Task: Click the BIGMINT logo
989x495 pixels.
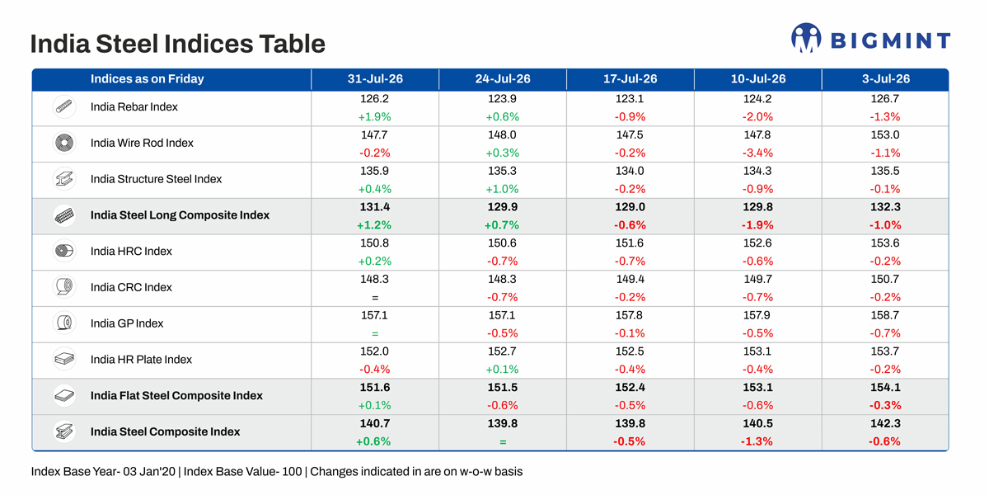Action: pyautogui.click(x=870, y=38)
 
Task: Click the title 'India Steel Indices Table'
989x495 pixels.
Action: pyautogui.click(x=177, y=44)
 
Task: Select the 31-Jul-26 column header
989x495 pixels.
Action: pyautogui.click(x=375, y=78)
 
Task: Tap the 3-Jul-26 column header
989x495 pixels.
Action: pyautogui.click(x=886, y=78)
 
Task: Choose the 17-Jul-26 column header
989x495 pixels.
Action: pyautogui.click(x=630, y=78)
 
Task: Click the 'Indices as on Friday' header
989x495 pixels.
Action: pyautogui.click(x=147, y=78)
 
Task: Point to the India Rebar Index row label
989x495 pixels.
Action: pyautogui.click(x=134, y=107)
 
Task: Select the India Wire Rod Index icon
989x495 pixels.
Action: pyautogui.click(x=64, y=143)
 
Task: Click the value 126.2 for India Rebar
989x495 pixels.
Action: pyautogui.click(x=374, y=98)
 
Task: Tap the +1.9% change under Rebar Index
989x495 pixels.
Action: pyautogui.click(x=374, y=116)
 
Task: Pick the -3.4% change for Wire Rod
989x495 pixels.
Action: pyautogui.click(x=757, y=153)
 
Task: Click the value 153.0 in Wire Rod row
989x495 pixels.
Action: pyautogui.click(x=885, y=134)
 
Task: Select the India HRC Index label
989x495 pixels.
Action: pyautogui.click(x=131, y=251)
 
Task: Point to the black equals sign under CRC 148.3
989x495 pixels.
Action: pyautogui.click(x=375, y=298)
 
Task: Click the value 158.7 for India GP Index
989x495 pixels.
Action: pyautogui.click(x=885, y=315)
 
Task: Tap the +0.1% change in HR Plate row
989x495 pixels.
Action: pyautogui.click(x=503, y=369)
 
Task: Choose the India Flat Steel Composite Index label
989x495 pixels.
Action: pyautogui.click(x=176, y=395)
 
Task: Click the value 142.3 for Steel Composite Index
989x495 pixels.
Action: pyautogui.click(x=885, y=423)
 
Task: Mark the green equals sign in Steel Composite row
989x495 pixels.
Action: pyautogui.click(x=503, y=441)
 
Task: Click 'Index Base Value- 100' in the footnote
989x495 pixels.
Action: pyautogui.click(x=242, y=472)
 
